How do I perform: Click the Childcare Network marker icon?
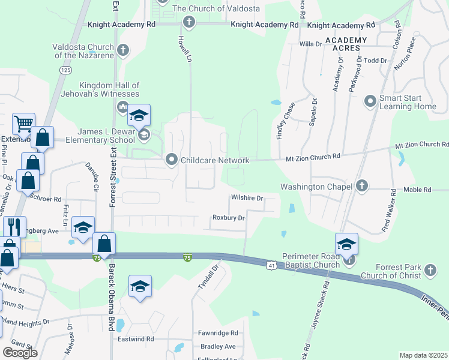[x=172, y=160]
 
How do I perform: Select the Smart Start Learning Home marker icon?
[x=370, y=102]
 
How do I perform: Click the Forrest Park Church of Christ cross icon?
[x=430, y=271]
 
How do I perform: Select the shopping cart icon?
[x=23, y=124]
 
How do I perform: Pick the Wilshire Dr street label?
[x=247, y=198]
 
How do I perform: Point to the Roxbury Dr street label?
[x=228, y=218]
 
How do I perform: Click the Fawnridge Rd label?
[x=218, y=333]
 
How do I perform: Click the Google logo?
[x=20, y=353]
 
